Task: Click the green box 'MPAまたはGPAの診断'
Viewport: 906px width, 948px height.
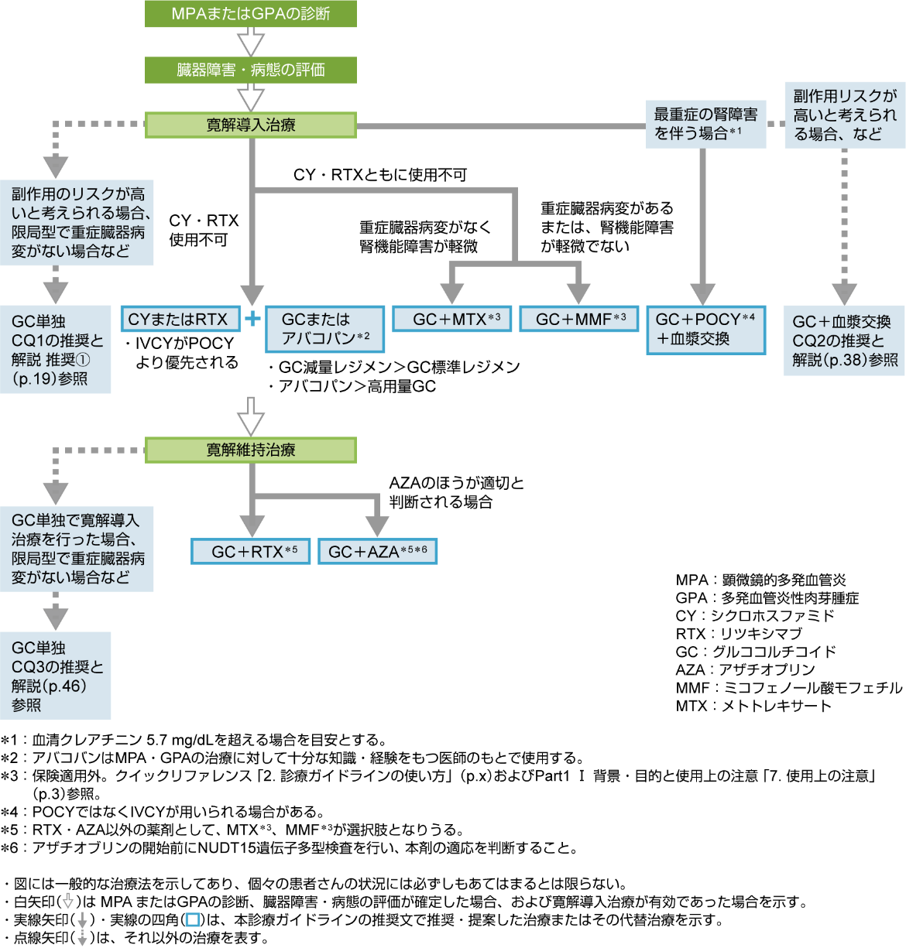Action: pyautogui.click(x=250, y=13)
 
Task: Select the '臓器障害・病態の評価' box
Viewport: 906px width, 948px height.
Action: pyautogui.click(x=250, y=70)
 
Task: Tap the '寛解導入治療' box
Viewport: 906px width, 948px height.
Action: pyautogui.click(x=250, y=125)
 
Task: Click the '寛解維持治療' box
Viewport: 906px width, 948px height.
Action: pyautogui.click(x=250, y=450)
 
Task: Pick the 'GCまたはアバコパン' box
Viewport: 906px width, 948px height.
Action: pyautogui.click(x=324, y=329)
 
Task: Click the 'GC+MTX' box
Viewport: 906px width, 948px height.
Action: pyautogui.click(x=451, y=319)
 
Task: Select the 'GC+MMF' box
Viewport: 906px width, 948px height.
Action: pyautogui.click(x=578, y=319)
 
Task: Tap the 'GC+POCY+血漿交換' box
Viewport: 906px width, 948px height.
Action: pyautogui.click(x=705, y=329)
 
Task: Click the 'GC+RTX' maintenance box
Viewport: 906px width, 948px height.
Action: pyautogui.click(x=250, y=551)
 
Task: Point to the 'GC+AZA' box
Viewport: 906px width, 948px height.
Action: pyautogui.click(x=377, y=551)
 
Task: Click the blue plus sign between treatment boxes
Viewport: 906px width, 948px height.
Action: pyautogui.click(x=252, y=318)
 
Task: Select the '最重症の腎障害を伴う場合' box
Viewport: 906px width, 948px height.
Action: pyautogui.click(x=705, y=124)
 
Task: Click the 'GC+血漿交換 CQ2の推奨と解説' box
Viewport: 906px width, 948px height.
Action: pyautogui.click(x=844, y=341)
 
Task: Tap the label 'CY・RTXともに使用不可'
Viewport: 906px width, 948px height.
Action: pyautogui.click(x=379, y=175)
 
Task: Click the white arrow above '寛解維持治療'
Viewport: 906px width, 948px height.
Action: pyautogui.click(x=251, y=416)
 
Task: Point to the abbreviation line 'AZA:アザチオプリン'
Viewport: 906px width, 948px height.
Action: pyautogui.click(x=745, y=669)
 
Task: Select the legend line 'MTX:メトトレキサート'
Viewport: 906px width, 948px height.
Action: pyautogui.click(x=753, y=705)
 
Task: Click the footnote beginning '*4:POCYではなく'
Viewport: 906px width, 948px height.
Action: pyautogui.click(x=163, y=812)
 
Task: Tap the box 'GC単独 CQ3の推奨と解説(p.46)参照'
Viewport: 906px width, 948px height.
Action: pyautogui.click(x=55, y=676)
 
